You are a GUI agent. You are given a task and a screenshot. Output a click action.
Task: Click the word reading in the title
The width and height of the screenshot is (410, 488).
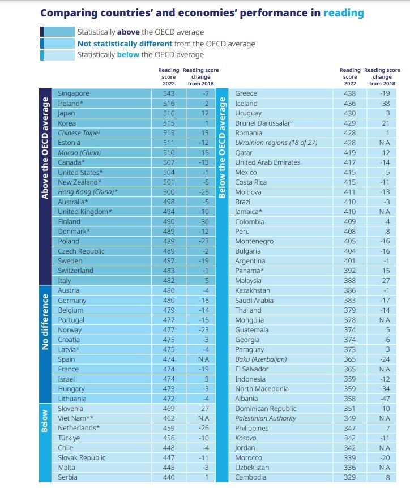(x=344, y=13)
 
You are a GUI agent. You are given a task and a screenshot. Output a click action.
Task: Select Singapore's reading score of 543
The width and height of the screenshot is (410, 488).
(x=169, y=93)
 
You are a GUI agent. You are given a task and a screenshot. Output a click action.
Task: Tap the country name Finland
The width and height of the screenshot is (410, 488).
(x=69, y=221)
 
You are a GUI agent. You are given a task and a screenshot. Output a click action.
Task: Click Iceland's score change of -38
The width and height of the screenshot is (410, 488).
(x=385, y=104)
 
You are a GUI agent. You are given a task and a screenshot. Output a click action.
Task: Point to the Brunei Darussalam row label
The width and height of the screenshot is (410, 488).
(x=264, y=123)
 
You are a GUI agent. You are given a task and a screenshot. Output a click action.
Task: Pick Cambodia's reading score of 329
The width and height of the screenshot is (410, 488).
(x=349, y=477)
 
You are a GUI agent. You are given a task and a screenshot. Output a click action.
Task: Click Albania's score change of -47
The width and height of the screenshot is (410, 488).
(x=385, y=399)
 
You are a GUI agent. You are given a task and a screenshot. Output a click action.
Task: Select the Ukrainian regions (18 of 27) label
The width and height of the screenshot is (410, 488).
(x=276, y=143)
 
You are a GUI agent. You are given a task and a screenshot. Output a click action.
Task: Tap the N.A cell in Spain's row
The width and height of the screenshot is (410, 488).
(x=204, y=359)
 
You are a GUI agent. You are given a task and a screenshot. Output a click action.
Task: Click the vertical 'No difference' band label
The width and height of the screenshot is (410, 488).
(x=45, y=322)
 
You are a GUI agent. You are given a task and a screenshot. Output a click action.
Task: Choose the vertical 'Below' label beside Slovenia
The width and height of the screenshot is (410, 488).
(x=45, y=421)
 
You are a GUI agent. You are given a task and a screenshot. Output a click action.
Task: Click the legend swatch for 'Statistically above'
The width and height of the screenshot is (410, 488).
(x=58, y=32)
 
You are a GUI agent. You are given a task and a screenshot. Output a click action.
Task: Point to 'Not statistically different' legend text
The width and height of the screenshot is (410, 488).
(x=125, y=44)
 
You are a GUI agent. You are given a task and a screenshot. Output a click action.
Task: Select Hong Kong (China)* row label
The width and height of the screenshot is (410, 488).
(x=88, y=192)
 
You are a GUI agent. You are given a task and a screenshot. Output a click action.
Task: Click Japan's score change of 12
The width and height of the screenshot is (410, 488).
(x=205, y=113)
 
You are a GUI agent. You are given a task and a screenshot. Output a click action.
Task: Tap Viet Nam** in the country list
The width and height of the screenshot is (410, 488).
(x=76, y=418)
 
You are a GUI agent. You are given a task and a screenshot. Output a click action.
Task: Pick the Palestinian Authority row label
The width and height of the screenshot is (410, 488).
(x=266, y=418)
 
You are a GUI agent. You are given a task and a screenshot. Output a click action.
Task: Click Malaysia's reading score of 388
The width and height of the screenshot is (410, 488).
(x=349, y=280)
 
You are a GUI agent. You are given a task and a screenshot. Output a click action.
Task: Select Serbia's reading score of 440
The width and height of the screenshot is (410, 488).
(x=169, y=477)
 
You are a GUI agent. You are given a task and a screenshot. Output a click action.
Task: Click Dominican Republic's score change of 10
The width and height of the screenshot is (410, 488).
(x=386, y=408)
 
